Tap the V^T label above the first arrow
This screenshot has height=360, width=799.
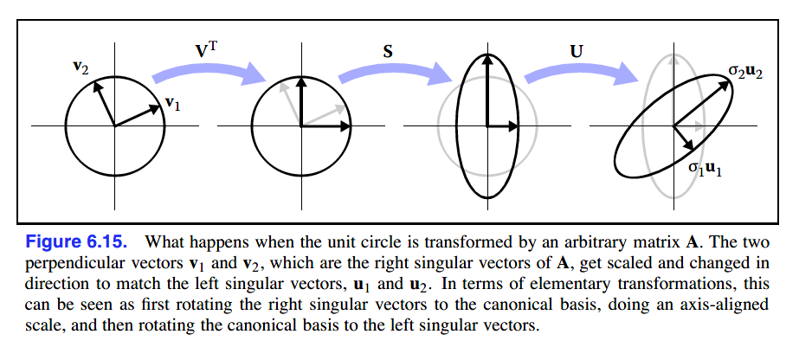205,50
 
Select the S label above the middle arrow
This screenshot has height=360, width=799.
388,51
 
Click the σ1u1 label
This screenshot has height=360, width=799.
706,170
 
